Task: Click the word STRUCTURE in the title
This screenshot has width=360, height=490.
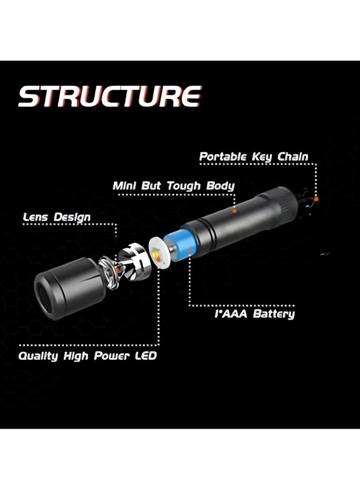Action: (109, 96)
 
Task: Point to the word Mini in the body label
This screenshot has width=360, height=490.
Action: (125, 185)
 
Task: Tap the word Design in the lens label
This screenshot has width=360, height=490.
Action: (72, 218)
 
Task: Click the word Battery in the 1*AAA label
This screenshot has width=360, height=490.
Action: (273, 313)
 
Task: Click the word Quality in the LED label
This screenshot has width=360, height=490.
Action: (38, 357)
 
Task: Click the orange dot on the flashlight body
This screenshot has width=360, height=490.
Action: (234, 210)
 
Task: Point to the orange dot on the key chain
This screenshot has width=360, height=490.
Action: (316, 199)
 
